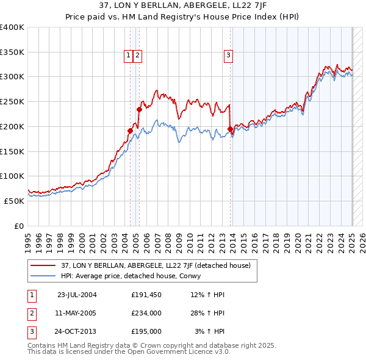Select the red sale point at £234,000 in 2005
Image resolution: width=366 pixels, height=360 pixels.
click(x=139, y=110)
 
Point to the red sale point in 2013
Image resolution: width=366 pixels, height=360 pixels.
click(x=230, y=129)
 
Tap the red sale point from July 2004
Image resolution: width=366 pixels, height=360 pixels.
click(x=130, y=131)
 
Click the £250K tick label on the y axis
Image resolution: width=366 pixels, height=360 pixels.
click(x=12, y=101)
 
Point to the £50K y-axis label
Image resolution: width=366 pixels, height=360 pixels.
click(x=14, y=201)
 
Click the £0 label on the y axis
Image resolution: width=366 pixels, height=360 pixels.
click(x=20, y=226)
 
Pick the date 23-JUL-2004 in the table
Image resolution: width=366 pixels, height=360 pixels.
click(x=76, y=295)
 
